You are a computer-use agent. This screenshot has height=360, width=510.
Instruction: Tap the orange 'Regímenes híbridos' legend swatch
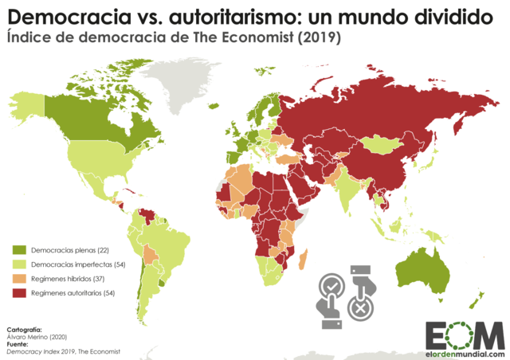[20, 280]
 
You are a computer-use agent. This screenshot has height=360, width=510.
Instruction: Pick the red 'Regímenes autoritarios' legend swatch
[20, 294]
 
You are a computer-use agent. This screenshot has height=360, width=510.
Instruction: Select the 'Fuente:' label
[20, 343]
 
